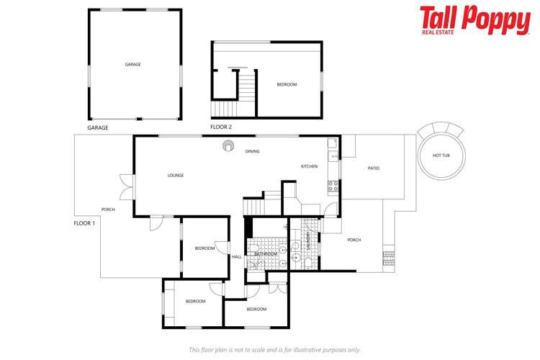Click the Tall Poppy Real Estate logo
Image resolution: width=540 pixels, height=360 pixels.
click(x=474, y=20)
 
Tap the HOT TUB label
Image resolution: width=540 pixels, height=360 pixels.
click(x=441, y=156)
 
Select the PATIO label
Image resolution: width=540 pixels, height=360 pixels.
click(x=373, y=168)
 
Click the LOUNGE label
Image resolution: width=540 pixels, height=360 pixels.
click(x=175, y=175)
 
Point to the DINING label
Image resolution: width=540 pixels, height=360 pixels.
click(x=252, y=151)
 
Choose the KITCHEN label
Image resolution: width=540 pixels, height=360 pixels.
click(x=309, y=166)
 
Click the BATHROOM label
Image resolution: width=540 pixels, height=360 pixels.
click(x=266, y=254)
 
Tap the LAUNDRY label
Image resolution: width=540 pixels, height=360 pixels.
click(x=309, y=240)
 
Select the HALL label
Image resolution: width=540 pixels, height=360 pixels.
click(x=236, y=257)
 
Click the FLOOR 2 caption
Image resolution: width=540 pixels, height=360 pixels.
click(x=221, y=127)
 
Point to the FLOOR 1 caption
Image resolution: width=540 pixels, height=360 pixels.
click(x=84, y=223)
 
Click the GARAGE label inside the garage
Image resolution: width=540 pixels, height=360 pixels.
click(x=132, y=64)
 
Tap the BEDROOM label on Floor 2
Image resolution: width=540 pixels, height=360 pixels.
click(x=287, y=85)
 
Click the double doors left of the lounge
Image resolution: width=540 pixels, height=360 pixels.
click(x=128, y=186)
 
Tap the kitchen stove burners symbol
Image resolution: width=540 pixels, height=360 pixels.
click(x=333, y=185)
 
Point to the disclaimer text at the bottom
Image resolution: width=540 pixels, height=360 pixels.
click(x=274, y=350)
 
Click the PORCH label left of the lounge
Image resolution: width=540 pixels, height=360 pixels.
click(x=108, y=210)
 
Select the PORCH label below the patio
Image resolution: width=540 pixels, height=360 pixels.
click(x=354, y=240)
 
